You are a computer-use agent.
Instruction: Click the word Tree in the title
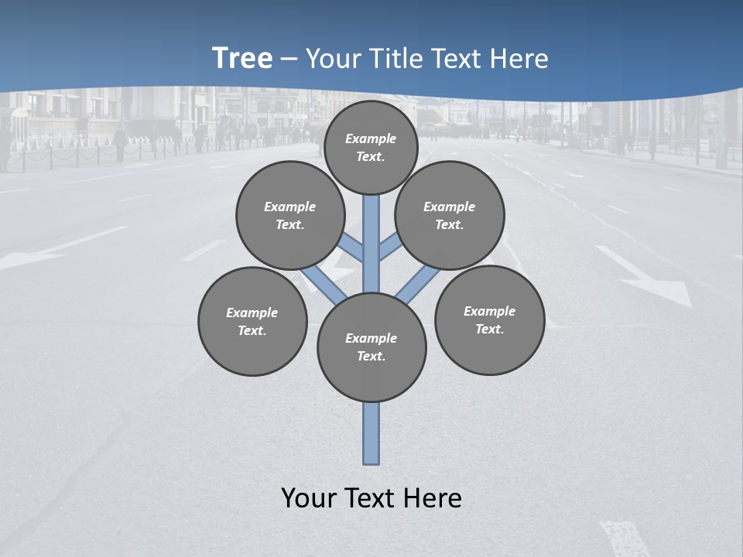242,59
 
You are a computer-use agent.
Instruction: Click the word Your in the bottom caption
310,498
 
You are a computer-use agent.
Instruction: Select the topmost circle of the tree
371,147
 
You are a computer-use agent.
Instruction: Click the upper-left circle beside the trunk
290,215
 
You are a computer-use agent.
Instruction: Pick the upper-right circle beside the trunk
450,215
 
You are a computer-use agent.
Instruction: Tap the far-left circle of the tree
252,321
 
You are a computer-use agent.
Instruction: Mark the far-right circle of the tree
490,320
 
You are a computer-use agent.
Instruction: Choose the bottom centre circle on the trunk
371,347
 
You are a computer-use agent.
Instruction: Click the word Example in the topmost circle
371,138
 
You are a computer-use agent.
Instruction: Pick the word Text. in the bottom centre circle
371,357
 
